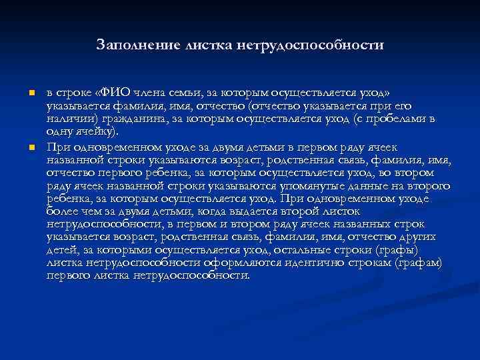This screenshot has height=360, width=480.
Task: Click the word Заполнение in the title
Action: click(x=138, y=46)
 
